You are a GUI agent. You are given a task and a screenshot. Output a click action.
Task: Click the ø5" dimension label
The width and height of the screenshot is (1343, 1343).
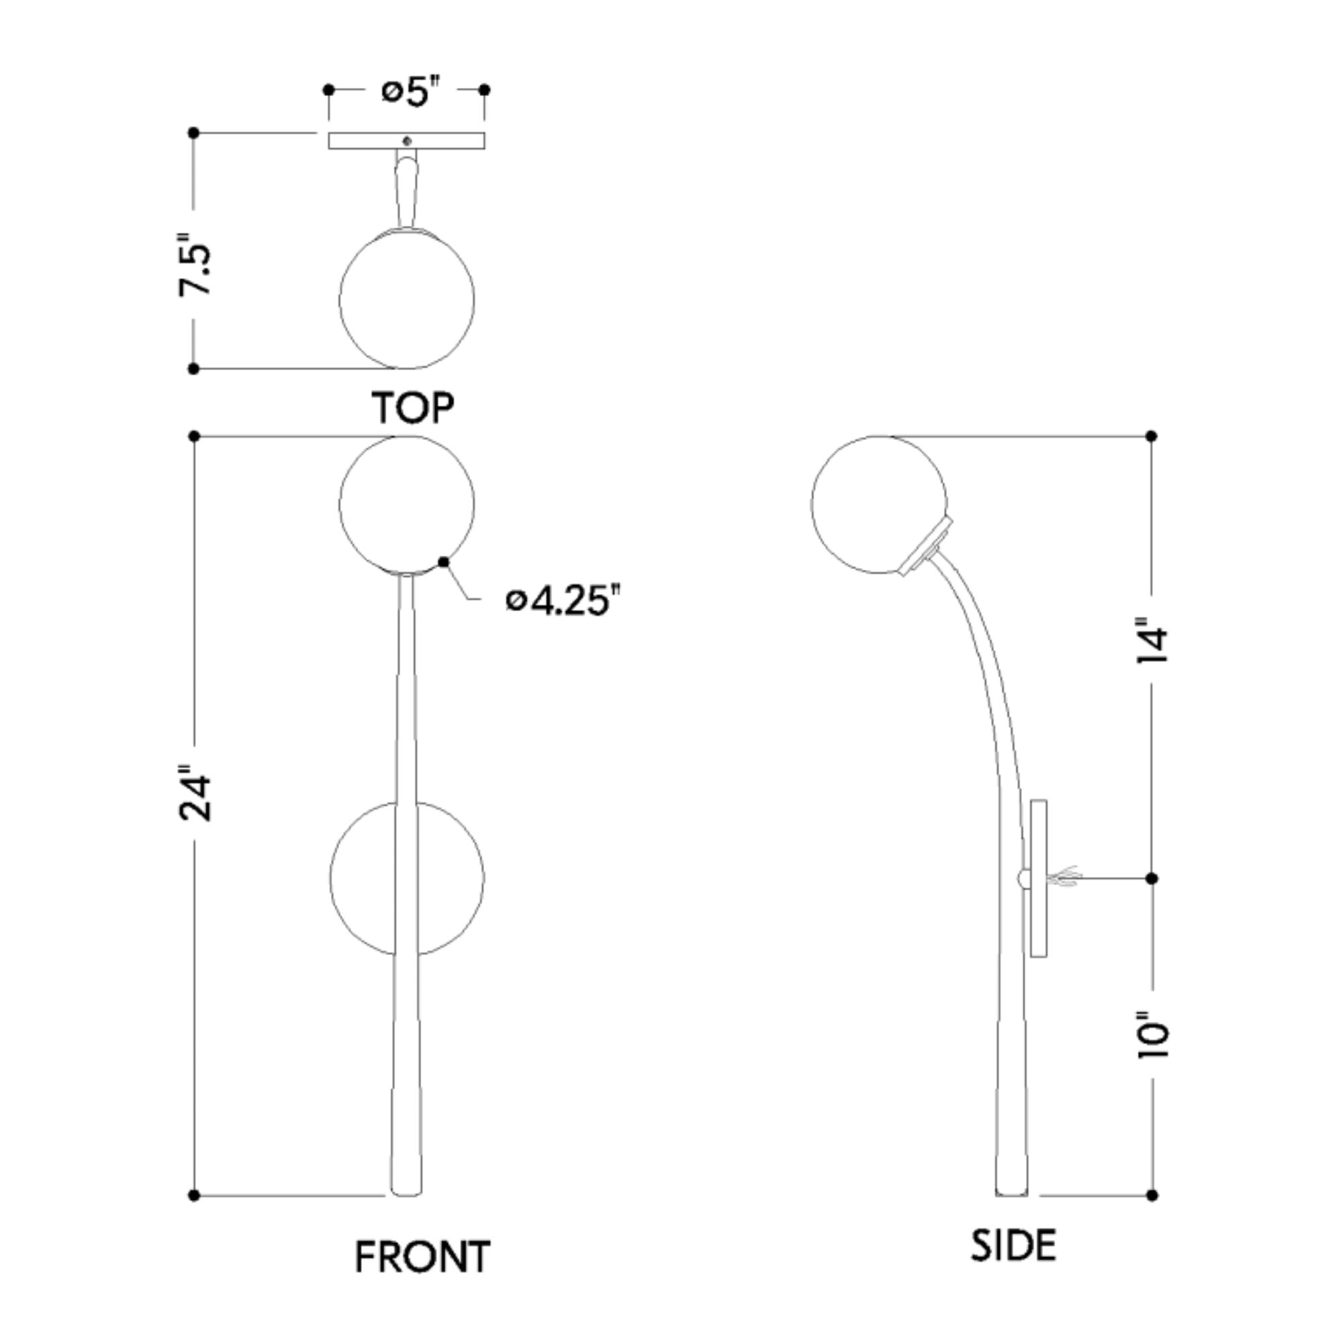click(x=412, y=92)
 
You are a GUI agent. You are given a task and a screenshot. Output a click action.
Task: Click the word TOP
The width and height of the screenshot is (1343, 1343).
click(x=413, y=408)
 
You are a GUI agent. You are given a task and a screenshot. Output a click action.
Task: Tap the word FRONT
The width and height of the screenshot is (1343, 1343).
click(x=422, y=1256)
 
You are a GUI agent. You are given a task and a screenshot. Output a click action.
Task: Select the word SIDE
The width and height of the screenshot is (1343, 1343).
click(x=1013, y=1245)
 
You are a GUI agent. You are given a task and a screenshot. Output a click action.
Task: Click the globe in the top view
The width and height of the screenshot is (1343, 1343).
click(x=408, y=299)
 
